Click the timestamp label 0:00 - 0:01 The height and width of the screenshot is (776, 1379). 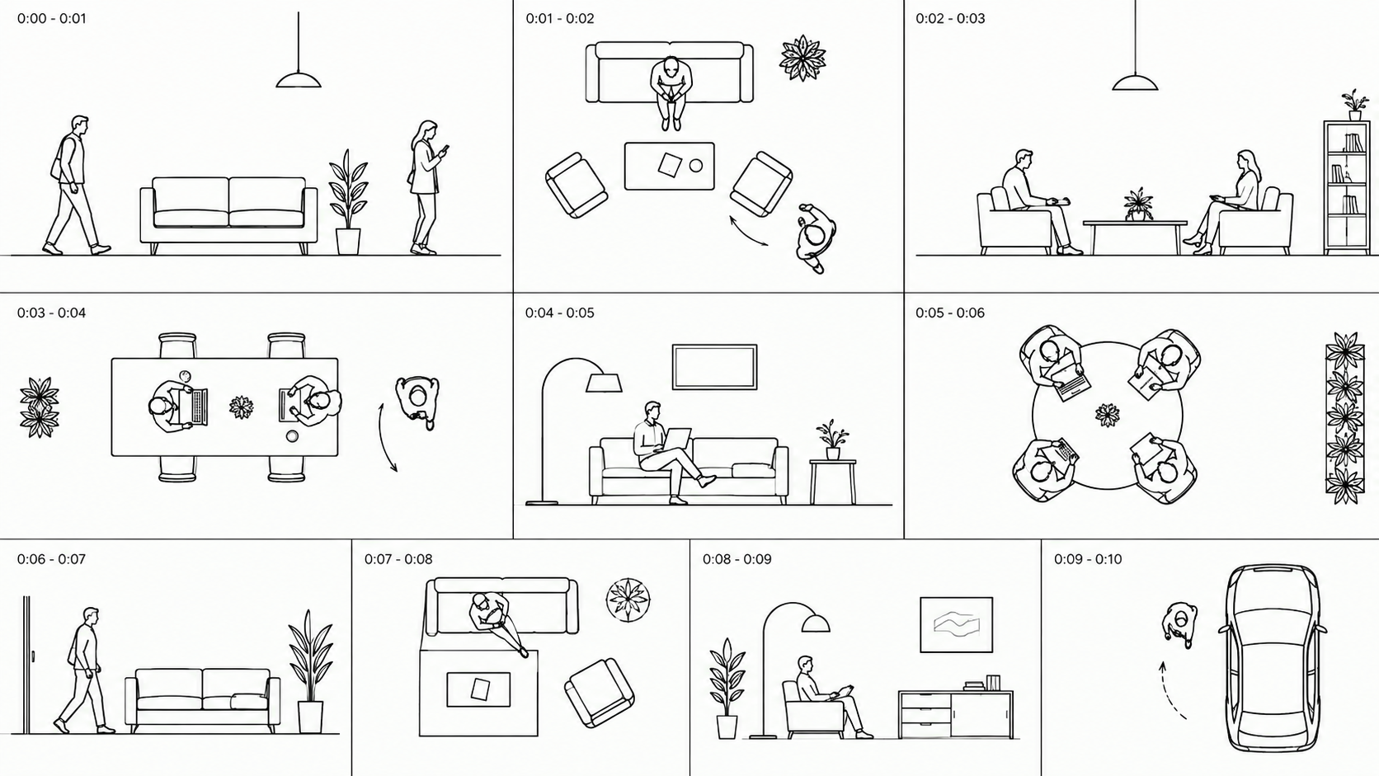click(x=52, y=18)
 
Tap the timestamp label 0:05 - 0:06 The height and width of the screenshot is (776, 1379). click(x=950, y=313)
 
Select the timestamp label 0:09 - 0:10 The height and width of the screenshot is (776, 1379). click(x=1088, y=559)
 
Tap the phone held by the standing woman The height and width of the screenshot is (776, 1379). click(x=445, y=149)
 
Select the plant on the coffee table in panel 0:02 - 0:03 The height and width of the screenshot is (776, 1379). click(x=1138, y=205)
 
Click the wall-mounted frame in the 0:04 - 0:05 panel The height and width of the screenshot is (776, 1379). click(x=714, y=367)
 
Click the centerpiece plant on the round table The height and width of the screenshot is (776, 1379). click(x=1108, y=415)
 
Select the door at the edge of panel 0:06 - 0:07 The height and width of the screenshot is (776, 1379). click(x=27, y=665)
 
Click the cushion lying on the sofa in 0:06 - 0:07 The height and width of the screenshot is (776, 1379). click(x=249, y=702)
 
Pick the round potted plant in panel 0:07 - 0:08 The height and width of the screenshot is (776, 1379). click(x=628, y=600)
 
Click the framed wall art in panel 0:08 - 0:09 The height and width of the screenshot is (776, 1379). click(x=956, y=624)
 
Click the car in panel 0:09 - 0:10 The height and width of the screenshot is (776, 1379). click(x=1273, y=657)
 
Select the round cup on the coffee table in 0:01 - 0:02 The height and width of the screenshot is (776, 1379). click(x=695, y=166)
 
